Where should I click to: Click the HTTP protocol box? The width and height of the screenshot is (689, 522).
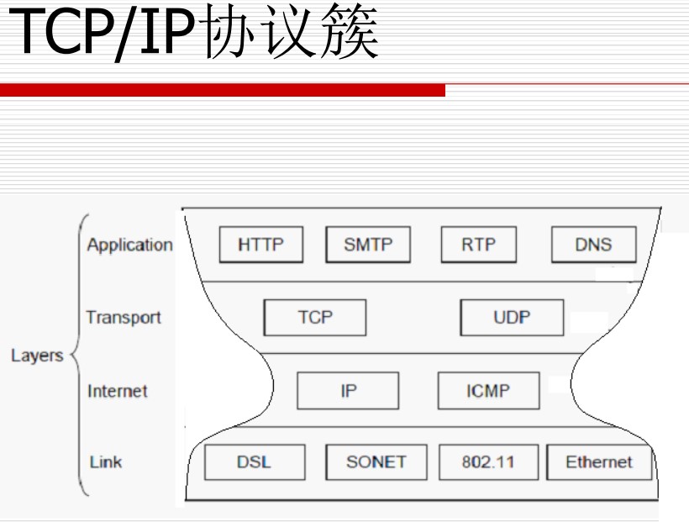pos(260,245)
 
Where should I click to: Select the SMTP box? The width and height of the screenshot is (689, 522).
pos(368,245)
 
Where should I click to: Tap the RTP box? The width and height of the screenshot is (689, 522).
pos(478,245)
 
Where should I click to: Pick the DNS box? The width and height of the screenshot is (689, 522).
pos(593,245)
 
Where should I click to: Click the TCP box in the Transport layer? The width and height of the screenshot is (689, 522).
pos(314,318)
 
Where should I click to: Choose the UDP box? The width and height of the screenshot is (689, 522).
pos(511,318)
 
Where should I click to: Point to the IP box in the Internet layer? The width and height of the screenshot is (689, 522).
pos(348,391)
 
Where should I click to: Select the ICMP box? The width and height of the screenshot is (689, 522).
pos(487,391)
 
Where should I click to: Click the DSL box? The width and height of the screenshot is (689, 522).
pos(254,461)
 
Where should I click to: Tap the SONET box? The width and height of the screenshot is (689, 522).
pos(376,461)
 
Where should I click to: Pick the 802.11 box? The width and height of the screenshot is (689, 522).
pos(488,461)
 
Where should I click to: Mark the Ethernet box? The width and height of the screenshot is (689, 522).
pos(598,461)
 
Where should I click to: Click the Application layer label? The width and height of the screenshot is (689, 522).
pos(129,245)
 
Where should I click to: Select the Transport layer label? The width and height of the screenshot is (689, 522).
pos(123,318)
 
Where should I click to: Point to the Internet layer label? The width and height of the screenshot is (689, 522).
pos(117,391)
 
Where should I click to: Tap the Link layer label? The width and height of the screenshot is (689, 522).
pos(106,461)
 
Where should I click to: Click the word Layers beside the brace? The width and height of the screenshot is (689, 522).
pos(37,356)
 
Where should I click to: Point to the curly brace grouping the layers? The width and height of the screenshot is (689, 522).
pos(77,354)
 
